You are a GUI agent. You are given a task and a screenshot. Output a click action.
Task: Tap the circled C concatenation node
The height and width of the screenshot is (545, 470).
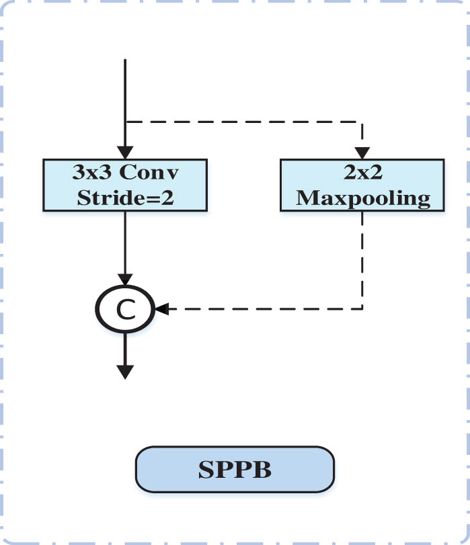(125, 310)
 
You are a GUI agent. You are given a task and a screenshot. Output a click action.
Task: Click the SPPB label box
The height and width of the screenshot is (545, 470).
(235, 469)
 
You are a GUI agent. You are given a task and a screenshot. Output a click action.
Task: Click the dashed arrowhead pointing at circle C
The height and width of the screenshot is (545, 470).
(161, 310)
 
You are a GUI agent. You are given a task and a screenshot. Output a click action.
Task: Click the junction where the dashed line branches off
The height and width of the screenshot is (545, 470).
(125, 122)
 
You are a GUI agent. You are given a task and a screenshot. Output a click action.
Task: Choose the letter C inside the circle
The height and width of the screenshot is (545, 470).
(125, 310)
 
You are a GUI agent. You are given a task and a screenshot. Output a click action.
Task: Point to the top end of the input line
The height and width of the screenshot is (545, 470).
(125, 60)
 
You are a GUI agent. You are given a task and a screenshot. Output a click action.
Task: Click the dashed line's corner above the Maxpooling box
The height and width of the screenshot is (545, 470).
(363, 122)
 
